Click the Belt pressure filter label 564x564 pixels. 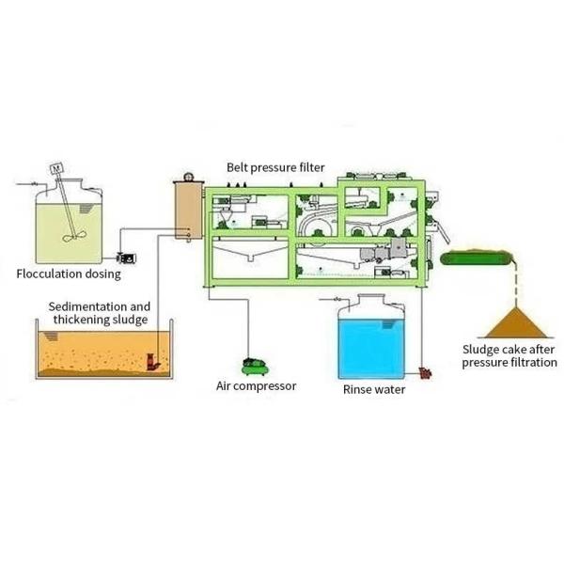click(x=275, y=167)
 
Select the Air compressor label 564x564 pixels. click(x=257, y=385)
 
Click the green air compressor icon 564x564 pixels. click(x=251, y=363)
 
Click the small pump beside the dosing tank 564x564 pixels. click(x=125, y=256)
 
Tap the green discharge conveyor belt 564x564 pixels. click(x=480, y=256)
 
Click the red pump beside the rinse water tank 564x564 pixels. click(x=425, y=373)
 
